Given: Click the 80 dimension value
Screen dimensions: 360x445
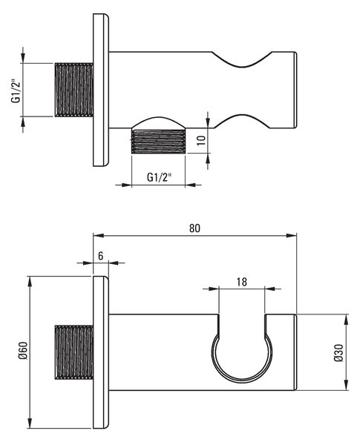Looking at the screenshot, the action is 194,228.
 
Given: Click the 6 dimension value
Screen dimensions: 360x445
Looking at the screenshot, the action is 101,256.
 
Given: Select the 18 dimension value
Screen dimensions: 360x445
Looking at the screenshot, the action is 241,282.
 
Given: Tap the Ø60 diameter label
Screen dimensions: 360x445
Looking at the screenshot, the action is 23,350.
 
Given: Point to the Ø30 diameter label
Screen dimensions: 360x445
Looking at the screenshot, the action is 338,353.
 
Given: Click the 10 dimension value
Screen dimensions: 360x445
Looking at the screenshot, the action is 201,140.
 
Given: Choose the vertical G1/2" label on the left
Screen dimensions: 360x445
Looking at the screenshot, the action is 16,90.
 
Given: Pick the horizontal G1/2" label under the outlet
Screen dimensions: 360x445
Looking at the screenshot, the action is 160,177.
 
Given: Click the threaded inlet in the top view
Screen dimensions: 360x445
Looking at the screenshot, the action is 73,90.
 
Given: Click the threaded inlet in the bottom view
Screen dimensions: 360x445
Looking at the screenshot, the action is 73,352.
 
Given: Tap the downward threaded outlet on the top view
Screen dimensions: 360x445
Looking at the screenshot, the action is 158,142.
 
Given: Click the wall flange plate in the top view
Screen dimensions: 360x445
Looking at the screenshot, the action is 101,90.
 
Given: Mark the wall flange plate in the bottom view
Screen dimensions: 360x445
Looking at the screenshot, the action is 101,352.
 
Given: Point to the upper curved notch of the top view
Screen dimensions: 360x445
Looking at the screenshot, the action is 242,60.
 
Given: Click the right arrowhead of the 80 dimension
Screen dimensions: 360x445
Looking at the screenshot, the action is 292,235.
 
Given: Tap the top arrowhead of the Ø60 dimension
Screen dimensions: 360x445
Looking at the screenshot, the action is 30,281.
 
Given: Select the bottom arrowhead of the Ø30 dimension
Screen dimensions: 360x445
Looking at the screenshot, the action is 346,385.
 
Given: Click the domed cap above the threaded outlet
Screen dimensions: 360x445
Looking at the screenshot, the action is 158,123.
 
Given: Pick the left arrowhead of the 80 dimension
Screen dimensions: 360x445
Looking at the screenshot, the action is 98,235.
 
